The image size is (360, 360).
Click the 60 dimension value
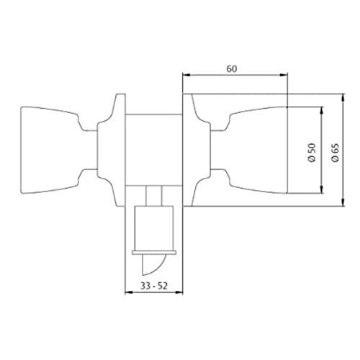coord(232,69)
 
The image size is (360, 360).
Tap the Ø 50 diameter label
coord(312,153)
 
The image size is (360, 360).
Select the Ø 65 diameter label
coord(335,153)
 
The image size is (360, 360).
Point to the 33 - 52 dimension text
coord(154,286)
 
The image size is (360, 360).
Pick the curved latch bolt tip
coord(153,264)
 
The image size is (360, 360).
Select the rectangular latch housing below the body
coord(154,228)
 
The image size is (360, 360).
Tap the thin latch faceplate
coord(154,252)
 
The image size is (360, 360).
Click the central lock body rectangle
coord(154,150)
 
